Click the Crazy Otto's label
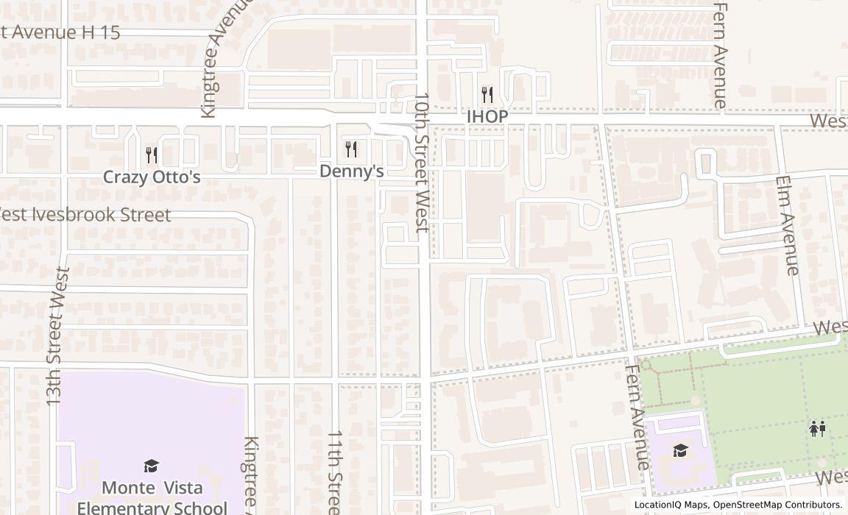[152, 177]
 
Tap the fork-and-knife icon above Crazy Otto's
[152, 154]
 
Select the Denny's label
[352, 171]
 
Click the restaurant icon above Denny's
[352, 149]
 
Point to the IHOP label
[487, 117]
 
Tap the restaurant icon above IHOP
[487, 94]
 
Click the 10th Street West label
[422, 162]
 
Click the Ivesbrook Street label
[85, 215]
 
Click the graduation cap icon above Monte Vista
[152, 466]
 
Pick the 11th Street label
[334, 473]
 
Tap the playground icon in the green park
[818, 428]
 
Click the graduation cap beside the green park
[681, 450]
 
